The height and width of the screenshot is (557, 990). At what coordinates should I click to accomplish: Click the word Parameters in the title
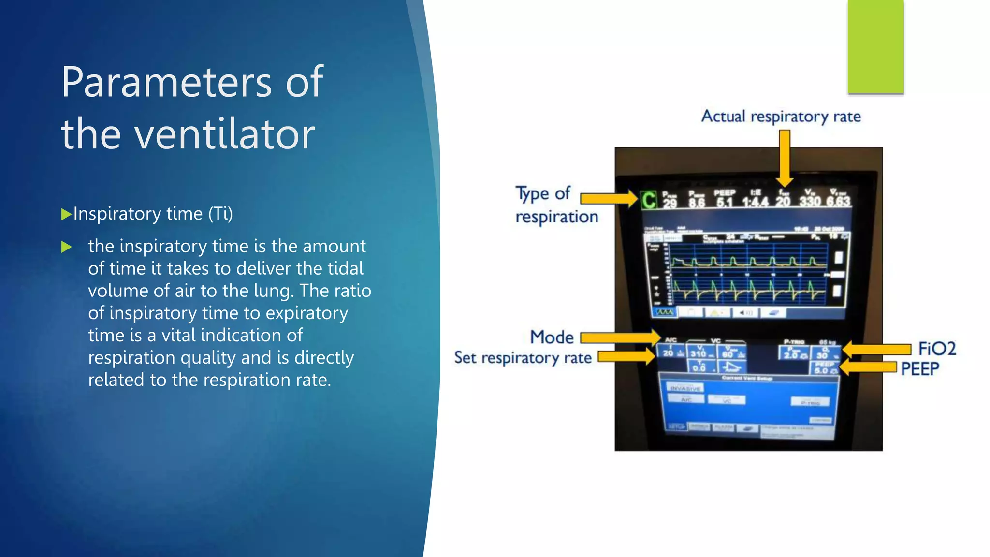click(x=166, y=82)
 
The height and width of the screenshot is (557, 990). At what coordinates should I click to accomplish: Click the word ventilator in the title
click(x=224, y=134)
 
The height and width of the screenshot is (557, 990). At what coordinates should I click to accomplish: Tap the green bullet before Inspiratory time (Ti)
click(x=66, y=214)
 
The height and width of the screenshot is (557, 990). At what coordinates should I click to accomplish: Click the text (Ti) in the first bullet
click(x=220, y=214)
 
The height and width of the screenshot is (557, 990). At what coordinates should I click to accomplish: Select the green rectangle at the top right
click(x=875, y=46)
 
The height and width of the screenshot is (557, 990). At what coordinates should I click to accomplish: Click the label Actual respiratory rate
click(x=781, y=117)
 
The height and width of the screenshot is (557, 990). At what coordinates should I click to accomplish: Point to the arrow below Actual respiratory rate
click(x=785, y=158)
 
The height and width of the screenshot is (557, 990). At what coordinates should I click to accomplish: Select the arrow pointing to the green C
click(x=609, y=198)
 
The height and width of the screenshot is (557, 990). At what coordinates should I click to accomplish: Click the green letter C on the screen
click(x=649, y=200)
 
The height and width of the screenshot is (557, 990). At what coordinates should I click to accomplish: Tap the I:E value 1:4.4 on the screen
click(x=755, y=201)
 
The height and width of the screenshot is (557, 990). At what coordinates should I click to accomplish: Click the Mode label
click(x=552, y=337)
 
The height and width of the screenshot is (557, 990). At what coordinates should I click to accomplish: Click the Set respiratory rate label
click(x=523, y=358)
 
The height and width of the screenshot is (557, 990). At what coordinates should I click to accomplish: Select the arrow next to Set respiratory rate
click(x=626, y=357)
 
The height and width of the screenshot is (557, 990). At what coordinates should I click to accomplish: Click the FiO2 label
click(x=937, y=349)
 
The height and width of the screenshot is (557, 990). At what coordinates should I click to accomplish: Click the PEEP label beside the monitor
click(x=919, y=369)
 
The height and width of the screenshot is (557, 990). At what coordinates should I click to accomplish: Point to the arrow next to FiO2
click(x=876, y=349)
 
